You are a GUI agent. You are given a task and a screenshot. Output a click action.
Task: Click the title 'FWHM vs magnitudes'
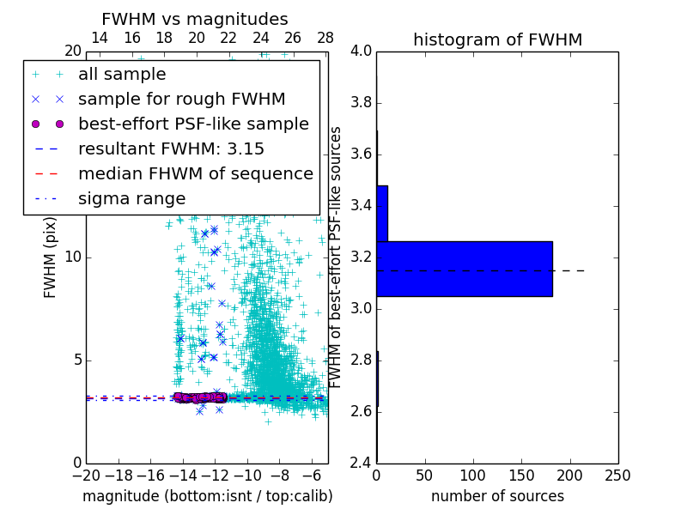[195, 19]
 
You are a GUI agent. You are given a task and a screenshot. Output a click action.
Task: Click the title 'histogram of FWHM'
[497, 39]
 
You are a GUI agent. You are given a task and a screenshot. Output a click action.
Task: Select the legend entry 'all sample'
[122, 75]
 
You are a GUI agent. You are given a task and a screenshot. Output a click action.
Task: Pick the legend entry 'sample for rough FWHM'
[181, 100]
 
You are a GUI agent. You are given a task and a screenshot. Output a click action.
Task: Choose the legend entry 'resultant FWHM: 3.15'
[171, 148]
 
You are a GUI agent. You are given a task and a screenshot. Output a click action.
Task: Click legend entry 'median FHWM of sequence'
[195, 173]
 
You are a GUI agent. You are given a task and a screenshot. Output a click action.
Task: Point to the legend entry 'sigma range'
[131, 198]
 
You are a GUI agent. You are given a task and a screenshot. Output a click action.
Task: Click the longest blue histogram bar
[465, 269]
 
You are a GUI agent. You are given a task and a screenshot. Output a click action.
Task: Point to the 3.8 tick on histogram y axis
[361, 103]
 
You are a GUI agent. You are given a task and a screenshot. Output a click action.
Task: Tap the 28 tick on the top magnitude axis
[325, 38]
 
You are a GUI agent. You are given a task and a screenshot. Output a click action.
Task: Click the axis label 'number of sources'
[497, 496]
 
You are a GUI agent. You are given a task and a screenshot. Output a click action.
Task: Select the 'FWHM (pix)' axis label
[51, 257]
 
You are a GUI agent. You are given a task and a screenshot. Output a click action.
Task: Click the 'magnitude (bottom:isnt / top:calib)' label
[207, 496]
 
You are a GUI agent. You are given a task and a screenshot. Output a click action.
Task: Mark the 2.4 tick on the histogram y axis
[361, 463]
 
